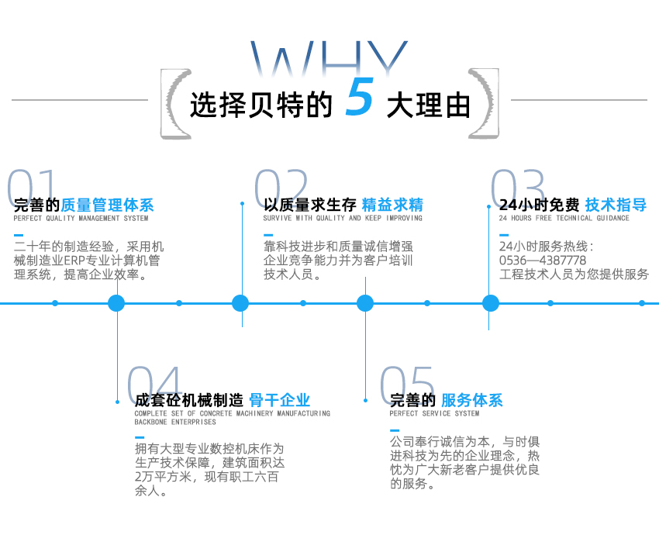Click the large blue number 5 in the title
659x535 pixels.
(x=360, y=98)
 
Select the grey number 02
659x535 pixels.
(x=281, y=187)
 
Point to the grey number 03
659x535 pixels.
(x=518, y=187)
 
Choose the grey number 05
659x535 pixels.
(x=407, y=383)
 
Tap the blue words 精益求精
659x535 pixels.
(x=392, y=205)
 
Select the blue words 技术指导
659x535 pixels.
(x=616, y=205)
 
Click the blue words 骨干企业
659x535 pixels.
(x=279, y=401)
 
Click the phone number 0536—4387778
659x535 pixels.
(x=543, y=261)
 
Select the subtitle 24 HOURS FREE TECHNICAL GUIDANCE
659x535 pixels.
(x=564, y=219)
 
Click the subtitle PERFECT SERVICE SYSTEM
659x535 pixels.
(x=434, y=414)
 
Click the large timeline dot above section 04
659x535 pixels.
(x=116, y=303)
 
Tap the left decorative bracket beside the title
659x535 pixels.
(x=177, y=104)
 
